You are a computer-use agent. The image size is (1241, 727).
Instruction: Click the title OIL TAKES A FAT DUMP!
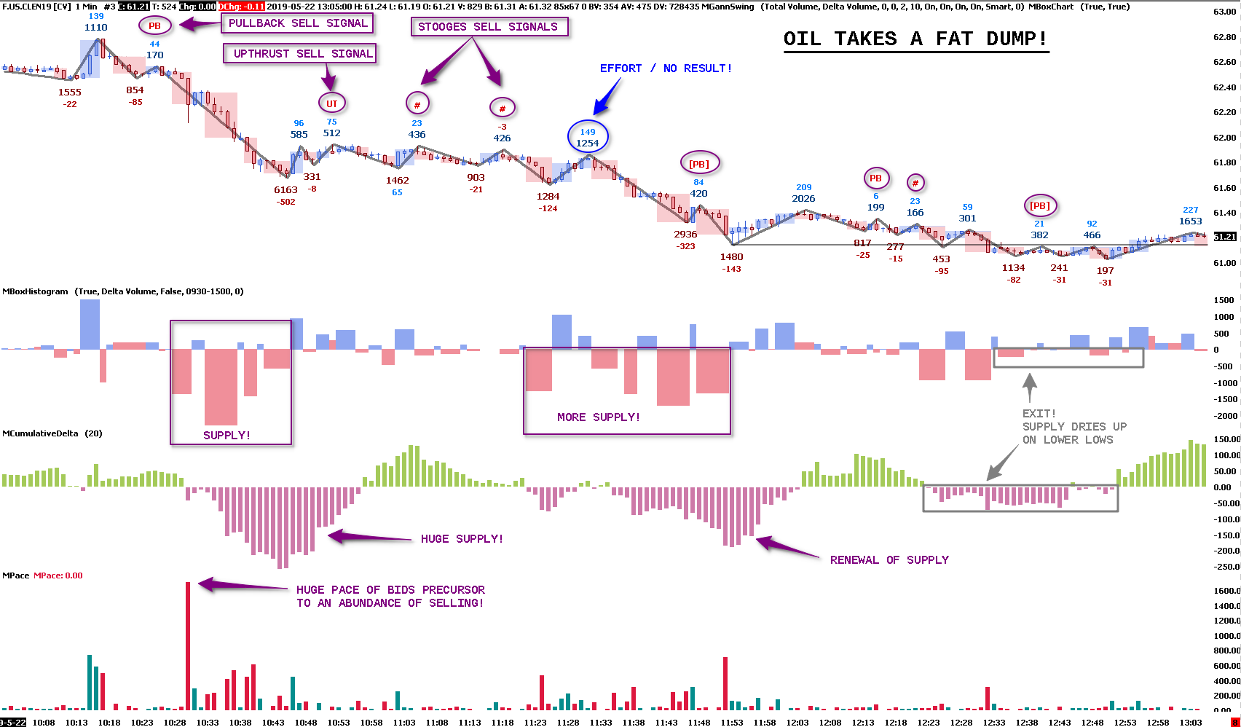[915, 39]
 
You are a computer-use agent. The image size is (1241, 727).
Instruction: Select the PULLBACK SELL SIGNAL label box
[298, 23]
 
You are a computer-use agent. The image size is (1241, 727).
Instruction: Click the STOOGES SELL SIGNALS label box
[488, 27]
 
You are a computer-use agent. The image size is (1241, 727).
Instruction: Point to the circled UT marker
[331, 103]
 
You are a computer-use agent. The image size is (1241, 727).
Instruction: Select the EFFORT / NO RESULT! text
[666, 68]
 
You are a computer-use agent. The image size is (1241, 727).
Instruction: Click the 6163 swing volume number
[285, 190]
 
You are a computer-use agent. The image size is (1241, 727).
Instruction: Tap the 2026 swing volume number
[803, 199]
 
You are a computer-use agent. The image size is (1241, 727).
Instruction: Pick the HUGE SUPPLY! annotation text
[462, 539]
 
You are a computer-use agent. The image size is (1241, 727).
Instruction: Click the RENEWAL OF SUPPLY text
[889, 560]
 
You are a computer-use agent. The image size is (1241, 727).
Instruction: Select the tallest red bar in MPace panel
[188, 645]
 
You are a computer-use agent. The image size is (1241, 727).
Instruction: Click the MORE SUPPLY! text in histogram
[599, 417]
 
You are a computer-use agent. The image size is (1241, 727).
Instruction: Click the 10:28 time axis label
[175, 723]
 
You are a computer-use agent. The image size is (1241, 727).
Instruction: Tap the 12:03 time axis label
[797, 723]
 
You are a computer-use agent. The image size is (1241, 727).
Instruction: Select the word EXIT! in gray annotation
[1039, 414]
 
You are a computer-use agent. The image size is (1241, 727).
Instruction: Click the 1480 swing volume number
[732, 257]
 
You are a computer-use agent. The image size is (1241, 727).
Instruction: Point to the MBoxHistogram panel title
[35, 291]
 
